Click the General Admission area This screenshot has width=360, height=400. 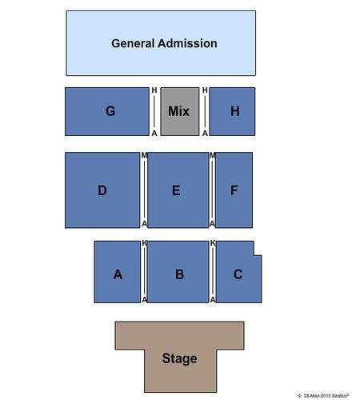(161, 43)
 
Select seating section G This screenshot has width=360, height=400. (107, 111)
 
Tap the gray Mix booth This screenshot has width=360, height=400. (180, 111)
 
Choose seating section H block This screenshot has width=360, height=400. (232, 111)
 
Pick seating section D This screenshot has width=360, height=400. (102, 190)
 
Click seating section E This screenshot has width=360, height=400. (178, 190)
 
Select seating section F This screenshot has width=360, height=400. (234, 190)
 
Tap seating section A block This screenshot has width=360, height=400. (118, 272)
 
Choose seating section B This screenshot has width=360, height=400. (178, 272)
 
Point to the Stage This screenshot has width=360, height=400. (180, 358)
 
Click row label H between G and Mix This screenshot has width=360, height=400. (154, 90)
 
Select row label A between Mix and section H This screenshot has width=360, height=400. (205, 133)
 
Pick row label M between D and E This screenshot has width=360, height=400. (144, 155)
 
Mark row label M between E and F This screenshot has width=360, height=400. (212, 155)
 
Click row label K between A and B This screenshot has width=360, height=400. (144, 243)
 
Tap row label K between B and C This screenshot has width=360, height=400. (213, 243)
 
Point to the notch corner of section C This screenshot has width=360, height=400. (254, 255)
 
